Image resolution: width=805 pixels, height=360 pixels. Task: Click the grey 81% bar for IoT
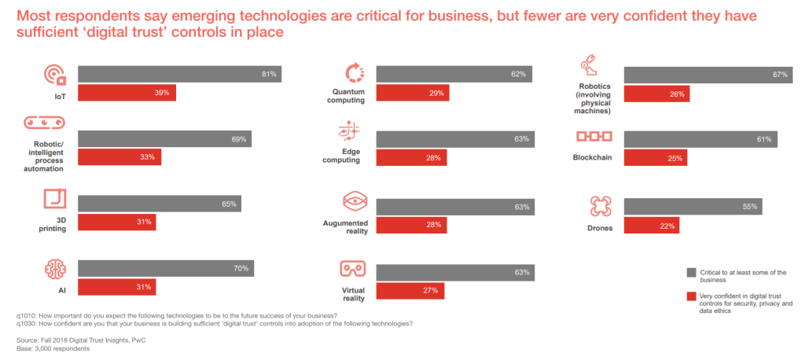click(x=179, y=74)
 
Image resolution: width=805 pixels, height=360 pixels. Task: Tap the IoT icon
click(x=54, y=75)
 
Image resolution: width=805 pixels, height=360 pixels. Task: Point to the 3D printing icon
click(x=54, y=197)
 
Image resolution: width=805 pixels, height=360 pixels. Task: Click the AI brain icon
click(x=54, y=270)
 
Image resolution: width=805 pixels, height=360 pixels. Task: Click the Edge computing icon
click(x=349, y=130)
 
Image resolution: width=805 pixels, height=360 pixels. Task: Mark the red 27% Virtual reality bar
click(x=410, y=291)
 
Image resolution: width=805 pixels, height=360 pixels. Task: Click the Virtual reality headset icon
click(x=351, y=269)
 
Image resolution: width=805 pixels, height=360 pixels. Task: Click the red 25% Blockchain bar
click(x=655, y=157)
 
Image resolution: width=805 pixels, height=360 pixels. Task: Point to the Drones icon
click(x=600, y=207)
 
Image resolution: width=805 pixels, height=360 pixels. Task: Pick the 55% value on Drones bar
click(x=749, y=207)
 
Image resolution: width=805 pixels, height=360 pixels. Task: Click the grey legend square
click(x=691, y=273)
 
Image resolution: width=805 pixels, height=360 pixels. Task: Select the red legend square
click(x=691, y=296)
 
